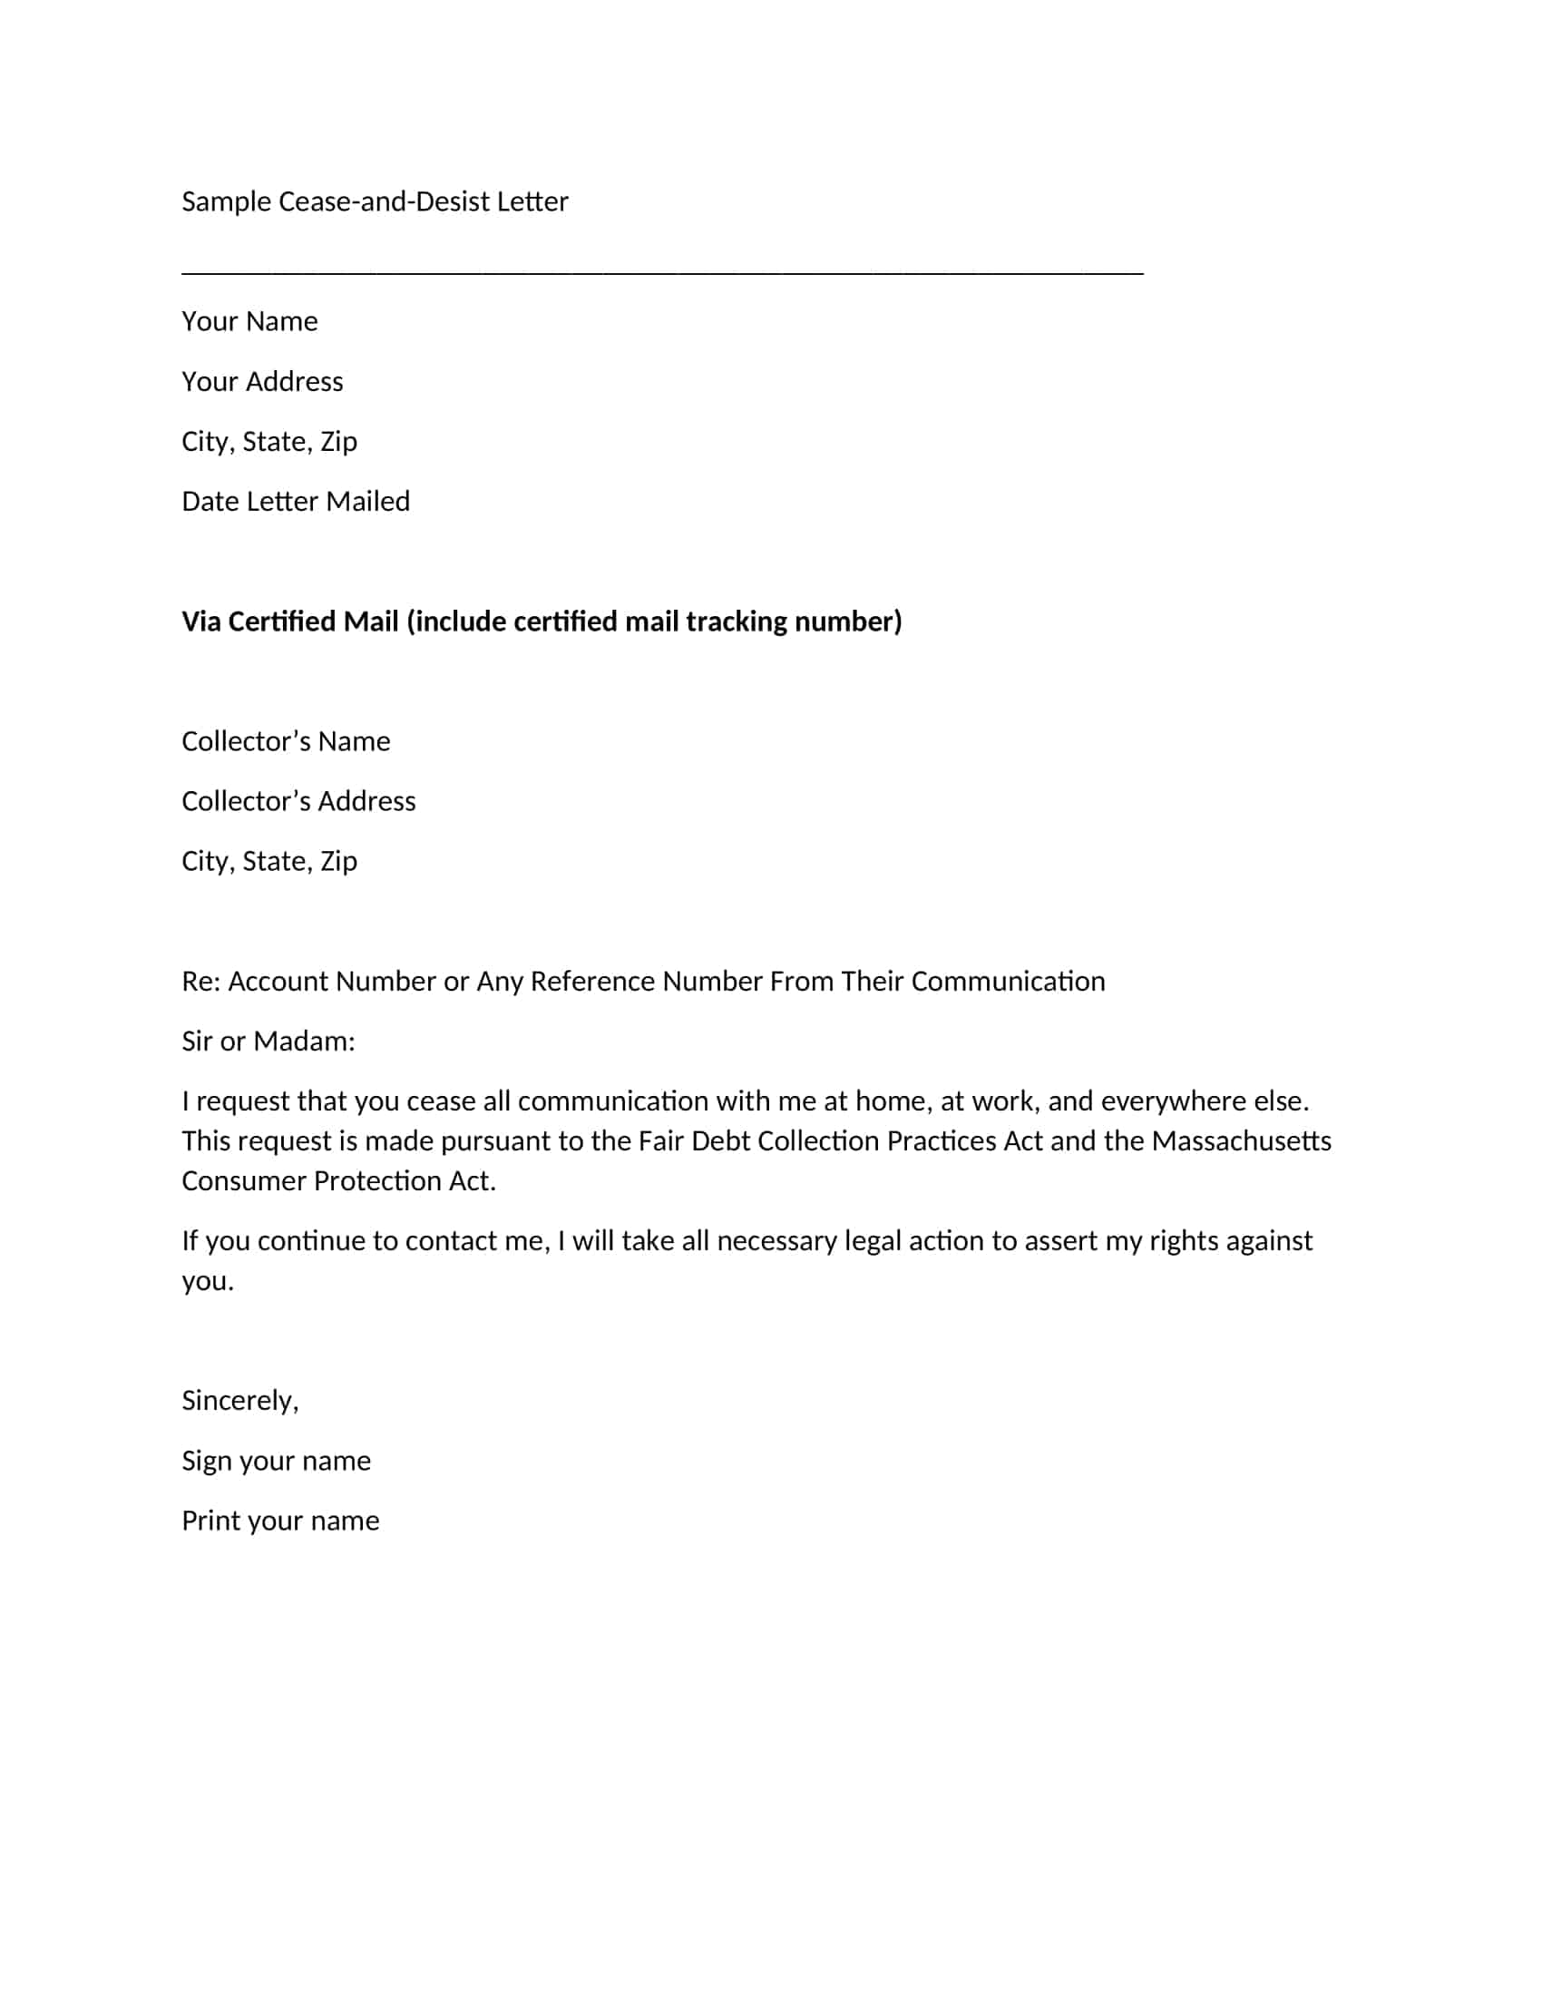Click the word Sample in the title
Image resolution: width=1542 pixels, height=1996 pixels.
tap(226, 202)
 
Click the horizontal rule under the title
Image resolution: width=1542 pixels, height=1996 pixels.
tap(662, 271)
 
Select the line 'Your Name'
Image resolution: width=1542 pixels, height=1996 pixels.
tap(249, 322)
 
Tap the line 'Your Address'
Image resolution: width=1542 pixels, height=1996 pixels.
tap(262, 382)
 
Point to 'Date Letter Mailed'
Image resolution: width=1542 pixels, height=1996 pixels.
tap(295, 502)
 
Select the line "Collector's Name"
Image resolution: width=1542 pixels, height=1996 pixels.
tap(285, 741)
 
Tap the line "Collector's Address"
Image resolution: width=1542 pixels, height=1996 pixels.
tap(298, 801)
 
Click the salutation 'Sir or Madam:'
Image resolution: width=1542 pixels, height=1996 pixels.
tap(268, 1042)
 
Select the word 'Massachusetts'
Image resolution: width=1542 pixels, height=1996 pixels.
tap(1241, 1141)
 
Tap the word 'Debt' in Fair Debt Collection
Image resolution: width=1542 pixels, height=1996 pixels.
tap(720, 1141)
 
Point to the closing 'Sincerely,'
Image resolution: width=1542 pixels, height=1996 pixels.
tap(239, 1401)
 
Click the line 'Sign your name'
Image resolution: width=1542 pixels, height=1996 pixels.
tap(276, 1462)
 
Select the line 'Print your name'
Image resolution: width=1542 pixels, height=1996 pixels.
tap(279, 1521)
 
